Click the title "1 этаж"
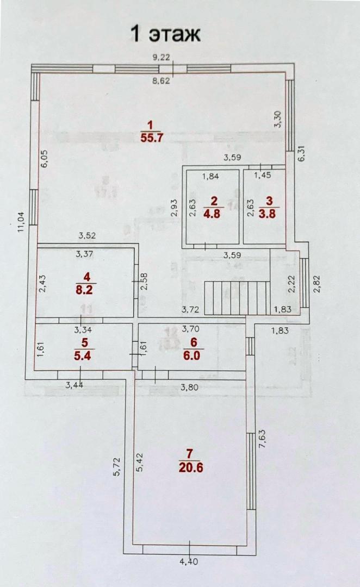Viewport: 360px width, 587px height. (x=165, y=34)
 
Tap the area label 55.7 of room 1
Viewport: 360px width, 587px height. (x=152, y=138)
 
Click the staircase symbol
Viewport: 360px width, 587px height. (x=237, y=298)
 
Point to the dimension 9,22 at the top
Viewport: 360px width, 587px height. (x=161, y=57)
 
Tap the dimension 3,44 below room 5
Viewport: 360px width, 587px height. (x=76, y=385)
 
